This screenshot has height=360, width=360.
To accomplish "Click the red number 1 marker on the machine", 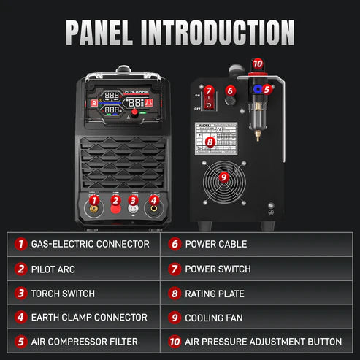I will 94,200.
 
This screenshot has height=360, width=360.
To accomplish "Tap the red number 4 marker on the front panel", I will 153,200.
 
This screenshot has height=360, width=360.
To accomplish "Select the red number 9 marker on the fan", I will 224,176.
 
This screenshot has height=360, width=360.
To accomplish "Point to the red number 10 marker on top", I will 257,64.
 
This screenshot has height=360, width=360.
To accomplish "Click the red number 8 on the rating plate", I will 210,142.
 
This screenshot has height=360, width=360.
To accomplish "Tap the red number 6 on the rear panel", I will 230,91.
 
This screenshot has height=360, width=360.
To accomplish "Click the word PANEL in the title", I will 118,32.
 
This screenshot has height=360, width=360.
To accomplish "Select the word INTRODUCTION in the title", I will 231,32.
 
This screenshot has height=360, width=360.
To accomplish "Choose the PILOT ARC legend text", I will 53,269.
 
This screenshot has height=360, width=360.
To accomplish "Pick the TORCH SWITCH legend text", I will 63,294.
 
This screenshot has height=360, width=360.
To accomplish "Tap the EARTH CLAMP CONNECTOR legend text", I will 89,318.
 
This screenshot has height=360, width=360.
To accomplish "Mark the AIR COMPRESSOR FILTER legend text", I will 84,342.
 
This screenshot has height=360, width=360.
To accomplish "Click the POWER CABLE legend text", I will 216,244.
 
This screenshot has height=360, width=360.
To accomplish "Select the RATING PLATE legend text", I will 215,294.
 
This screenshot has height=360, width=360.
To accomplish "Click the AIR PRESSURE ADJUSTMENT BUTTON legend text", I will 264,342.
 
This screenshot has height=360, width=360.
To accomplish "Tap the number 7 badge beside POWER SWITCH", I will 175,269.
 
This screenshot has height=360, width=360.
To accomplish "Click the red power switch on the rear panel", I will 208,105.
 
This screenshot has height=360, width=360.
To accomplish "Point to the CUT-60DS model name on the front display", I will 137,92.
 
